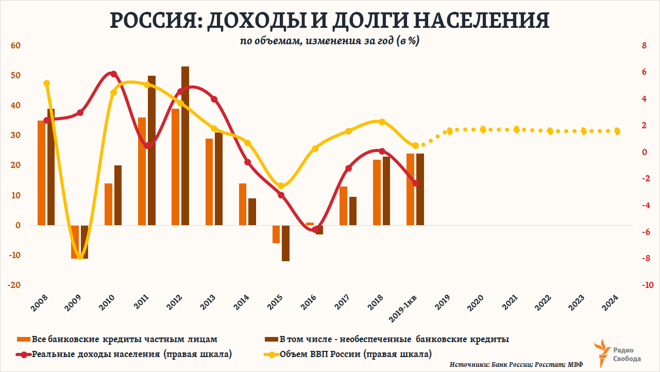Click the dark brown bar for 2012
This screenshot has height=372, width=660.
[185, 146]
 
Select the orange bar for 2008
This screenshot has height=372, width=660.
[42, 173]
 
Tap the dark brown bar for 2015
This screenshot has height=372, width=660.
[286, 243]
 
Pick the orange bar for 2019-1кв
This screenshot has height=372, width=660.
[410, 189]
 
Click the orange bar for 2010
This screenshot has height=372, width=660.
[109, 204]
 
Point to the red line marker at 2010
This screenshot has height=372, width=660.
[114, 74]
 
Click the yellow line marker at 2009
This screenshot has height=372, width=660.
[80, 256]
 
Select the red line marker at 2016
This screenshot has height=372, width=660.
[315, 229]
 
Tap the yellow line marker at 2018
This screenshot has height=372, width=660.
[382, 122]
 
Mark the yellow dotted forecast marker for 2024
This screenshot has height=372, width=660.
[617, 131]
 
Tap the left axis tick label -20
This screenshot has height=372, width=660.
[14, 285]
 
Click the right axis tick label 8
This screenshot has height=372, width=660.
[644, 45]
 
